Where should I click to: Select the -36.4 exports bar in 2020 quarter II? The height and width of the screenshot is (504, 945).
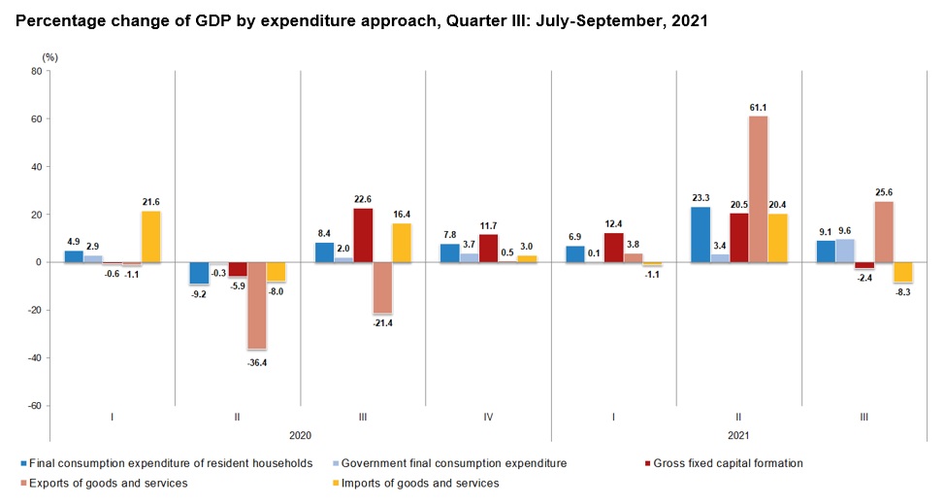click(x=255, y=306)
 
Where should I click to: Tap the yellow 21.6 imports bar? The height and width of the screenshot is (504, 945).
click(x=150, y=237)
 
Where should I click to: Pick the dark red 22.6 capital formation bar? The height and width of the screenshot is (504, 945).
click(x=362, y=235)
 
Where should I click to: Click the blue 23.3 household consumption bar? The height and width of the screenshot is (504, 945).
click(x=700, y=234)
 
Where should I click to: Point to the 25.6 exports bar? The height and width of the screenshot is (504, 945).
click(x=884, y=232)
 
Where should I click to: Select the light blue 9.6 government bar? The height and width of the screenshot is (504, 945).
click(x=844, y=251)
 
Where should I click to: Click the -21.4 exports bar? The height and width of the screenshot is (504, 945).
click(x=381, y=287)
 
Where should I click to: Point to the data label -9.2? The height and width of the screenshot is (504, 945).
click(x=197, y=293)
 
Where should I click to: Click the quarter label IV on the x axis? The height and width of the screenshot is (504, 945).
click(x=488, y=419)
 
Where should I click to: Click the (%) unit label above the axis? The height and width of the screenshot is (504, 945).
click(x=50, y=57)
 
